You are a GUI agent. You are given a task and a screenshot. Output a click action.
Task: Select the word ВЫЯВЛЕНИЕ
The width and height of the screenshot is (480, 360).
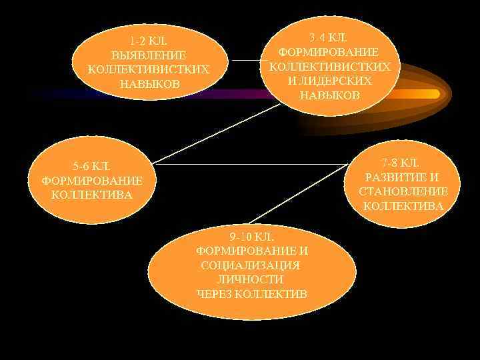149,55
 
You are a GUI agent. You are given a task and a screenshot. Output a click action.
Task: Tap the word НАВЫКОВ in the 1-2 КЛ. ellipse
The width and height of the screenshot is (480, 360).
149,84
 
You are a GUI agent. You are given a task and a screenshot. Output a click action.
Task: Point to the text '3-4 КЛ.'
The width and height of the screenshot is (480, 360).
329,37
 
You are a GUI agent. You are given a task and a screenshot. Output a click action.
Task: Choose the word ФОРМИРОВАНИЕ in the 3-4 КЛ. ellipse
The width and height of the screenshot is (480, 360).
329,51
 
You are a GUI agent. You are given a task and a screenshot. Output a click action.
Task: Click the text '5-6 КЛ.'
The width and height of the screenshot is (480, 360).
92,166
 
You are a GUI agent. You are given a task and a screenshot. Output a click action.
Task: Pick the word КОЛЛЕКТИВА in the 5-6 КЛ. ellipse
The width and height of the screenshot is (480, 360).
92,195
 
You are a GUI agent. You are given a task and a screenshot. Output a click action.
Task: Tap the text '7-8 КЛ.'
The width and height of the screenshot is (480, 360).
400,163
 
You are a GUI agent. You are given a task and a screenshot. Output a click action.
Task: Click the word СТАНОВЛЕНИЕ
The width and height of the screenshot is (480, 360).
403,192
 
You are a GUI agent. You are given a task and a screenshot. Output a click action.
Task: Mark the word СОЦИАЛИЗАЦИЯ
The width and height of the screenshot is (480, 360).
251,265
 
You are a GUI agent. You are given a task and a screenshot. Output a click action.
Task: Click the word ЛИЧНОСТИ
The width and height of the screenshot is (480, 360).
251,279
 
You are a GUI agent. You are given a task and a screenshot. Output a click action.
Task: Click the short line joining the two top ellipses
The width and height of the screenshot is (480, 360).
247,61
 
